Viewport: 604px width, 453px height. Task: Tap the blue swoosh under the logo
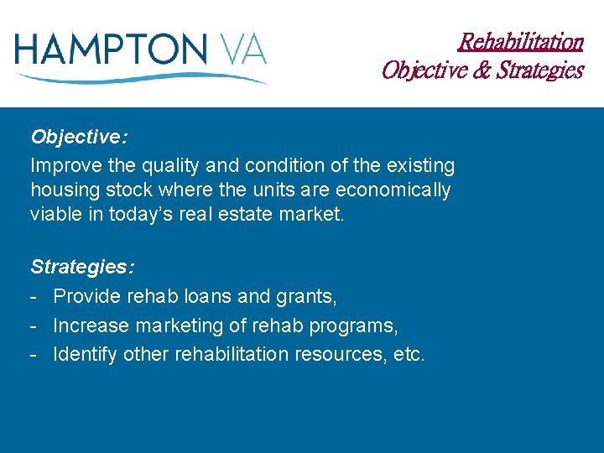point(143,78)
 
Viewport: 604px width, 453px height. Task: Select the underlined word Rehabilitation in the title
point(521,41)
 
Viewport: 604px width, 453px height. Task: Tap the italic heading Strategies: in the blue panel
point(81,268)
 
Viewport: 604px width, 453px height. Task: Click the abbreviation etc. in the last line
point(409,354)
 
